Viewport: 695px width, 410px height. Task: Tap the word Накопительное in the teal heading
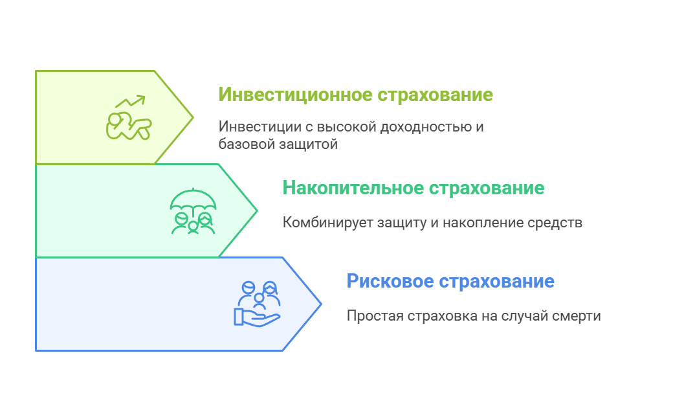click(x=353, y=188)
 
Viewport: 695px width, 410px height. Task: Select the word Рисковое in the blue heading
click(x=390, y=282)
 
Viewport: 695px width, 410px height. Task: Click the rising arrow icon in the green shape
click(x=130, y=102)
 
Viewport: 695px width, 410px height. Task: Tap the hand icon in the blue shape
click(x=256, y=317)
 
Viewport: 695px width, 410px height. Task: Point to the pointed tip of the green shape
click(x=193, y=117)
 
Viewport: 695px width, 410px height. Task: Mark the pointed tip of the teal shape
click(x=257, y=211)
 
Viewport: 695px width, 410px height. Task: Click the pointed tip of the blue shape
click(x=320, y=304)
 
